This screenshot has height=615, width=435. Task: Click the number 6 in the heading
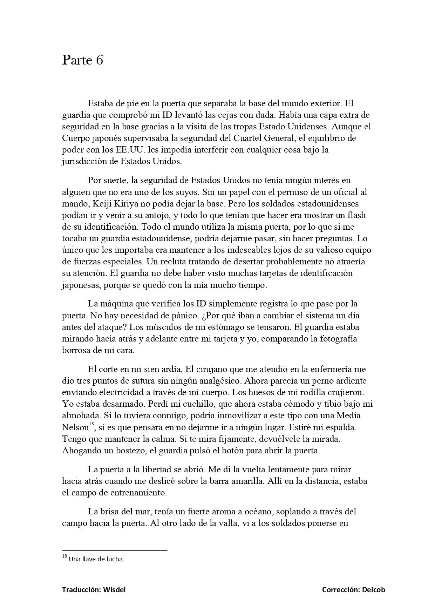(99, 61)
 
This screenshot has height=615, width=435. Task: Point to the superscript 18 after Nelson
(91, 425)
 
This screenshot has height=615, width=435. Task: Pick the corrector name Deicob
(373, 590)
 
